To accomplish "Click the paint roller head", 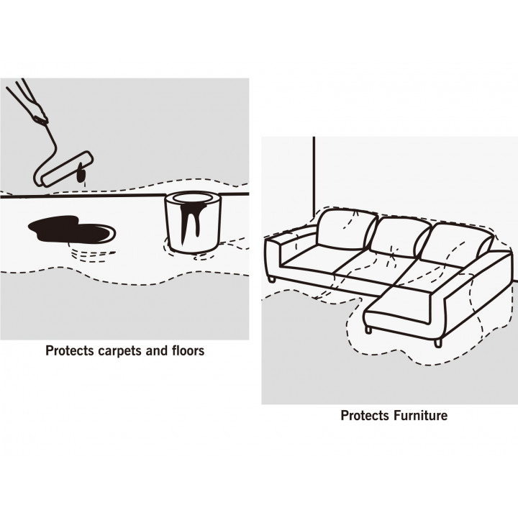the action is pyautogui.click(x=67, y=168).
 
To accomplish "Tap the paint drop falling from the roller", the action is pyautogui.click(x=81, y=173).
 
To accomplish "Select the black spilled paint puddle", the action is pyautogui.click(x=72, y=229).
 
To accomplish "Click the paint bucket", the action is pyautogui.click(x=193, y=222).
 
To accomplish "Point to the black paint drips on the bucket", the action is pyautogui.click(x=192, y=217).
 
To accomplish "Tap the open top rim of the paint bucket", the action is pyautogui.click(x=193, y=199).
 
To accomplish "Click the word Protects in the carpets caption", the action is pyautogui.click(x=70, y=351).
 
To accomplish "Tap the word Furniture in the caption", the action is pyautogui.click(x=421, y=415).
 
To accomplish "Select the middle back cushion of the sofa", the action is pyautogui.click(x=400, y=237).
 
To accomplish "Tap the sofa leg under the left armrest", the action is pyautogui.click(x=272, y=279).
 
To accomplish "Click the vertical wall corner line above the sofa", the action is pyautogui.click(x=314, y=176).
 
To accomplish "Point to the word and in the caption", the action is pyautogui.click(x=157, y=350).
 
